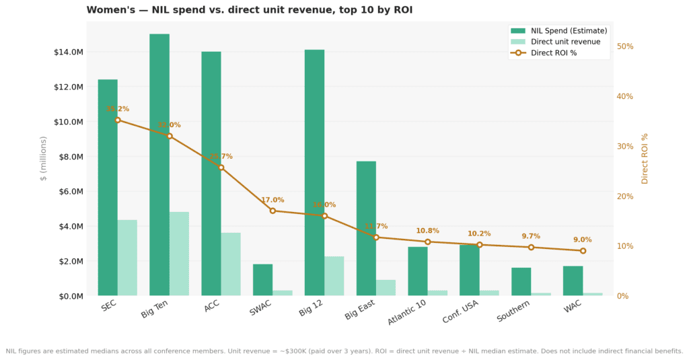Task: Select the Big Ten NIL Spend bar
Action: click(x=159, y=165)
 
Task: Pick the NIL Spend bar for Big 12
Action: click(x=314, y=172)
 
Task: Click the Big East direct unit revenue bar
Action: click(x=386, y=287)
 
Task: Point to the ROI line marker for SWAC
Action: click(x=273, y=211)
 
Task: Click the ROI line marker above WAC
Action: click(x=583, y=251)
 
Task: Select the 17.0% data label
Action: click(x=273, y=200)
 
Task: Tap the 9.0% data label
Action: click(x=583, y=240)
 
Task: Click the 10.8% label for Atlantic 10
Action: click(x=427, y=231)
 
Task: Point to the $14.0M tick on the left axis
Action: click(x=69, y=52)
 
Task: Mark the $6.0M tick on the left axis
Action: click(x=70, y=191)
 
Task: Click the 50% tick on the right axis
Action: click(x=625, y=46)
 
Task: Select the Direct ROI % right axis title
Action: click(x=645, y=158)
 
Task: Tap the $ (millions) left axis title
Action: click(x=44, y=158)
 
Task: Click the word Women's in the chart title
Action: click(x=109, y=10)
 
